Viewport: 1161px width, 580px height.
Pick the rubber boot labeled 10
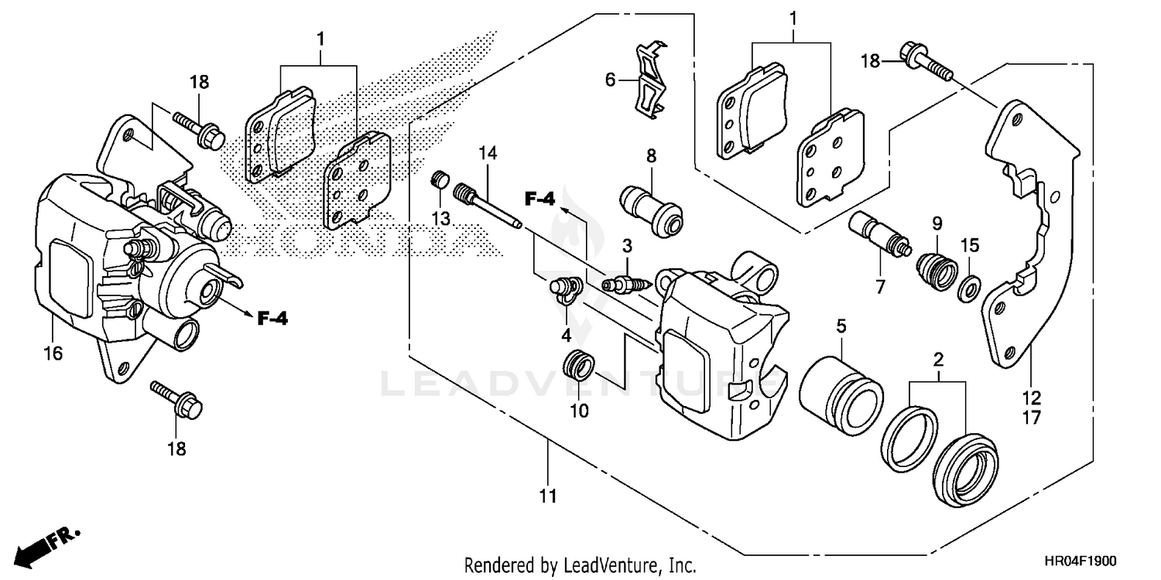[x=579, y=364]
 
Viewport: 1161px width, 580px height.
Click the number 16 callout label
[x=53, y=353]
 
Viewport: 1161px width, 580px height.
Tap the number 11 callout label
[x=548, y=496]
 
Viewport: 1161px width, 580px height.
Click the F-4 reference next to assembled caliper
[x=272, y=317]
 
